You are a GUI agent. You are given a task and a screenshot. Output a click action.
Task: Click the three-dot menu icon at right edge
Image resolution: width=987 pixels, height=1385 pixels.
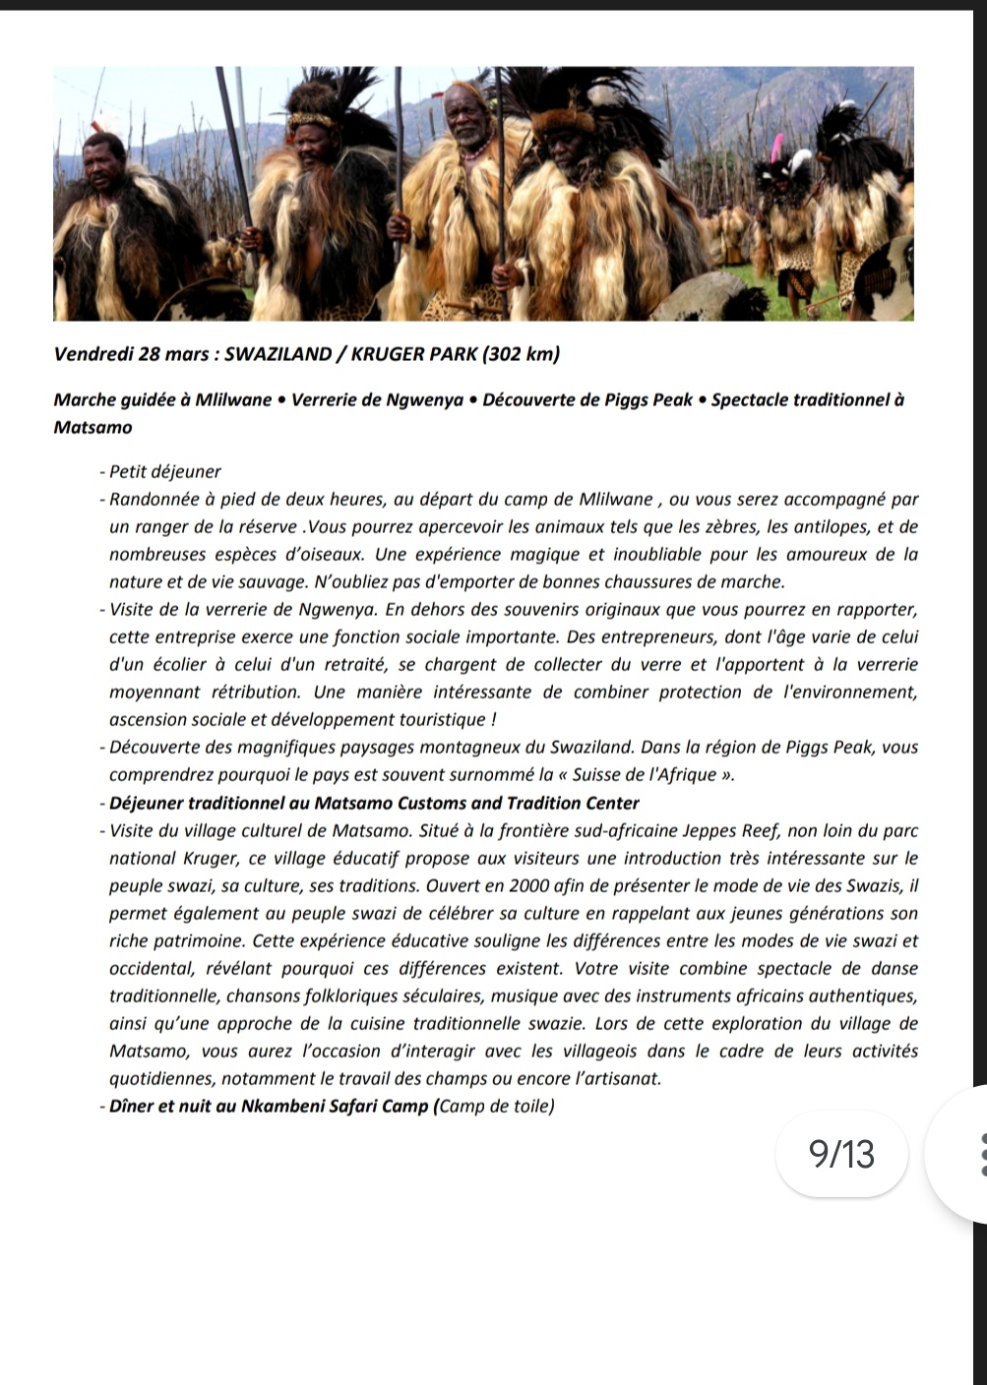pos(975,1153)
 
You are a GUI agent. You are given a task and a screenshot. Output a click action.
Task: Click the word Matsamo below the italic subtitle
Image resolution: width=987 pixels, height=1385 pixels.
pos(93,427)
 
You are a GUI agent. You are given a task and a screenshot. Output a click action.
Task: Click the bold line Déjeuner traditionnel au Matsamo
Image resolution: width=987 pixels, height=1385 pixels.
pos(374,804)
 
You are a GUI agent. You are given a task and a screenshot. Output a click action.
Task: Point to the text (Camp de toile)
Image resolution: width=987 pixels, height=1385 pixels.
pos(494,1107)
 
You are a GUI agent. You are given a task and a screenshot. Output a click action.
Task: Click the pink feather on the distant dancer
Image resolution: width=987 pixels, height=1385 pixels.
pos(778,150)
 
